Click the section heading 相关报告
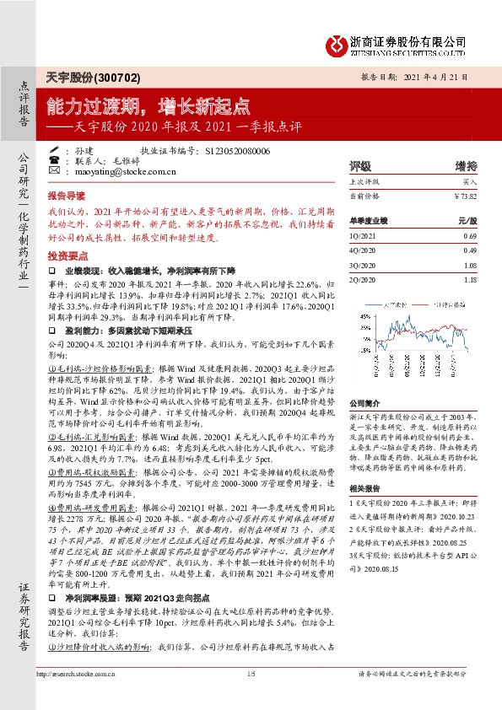click(366, 487)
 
